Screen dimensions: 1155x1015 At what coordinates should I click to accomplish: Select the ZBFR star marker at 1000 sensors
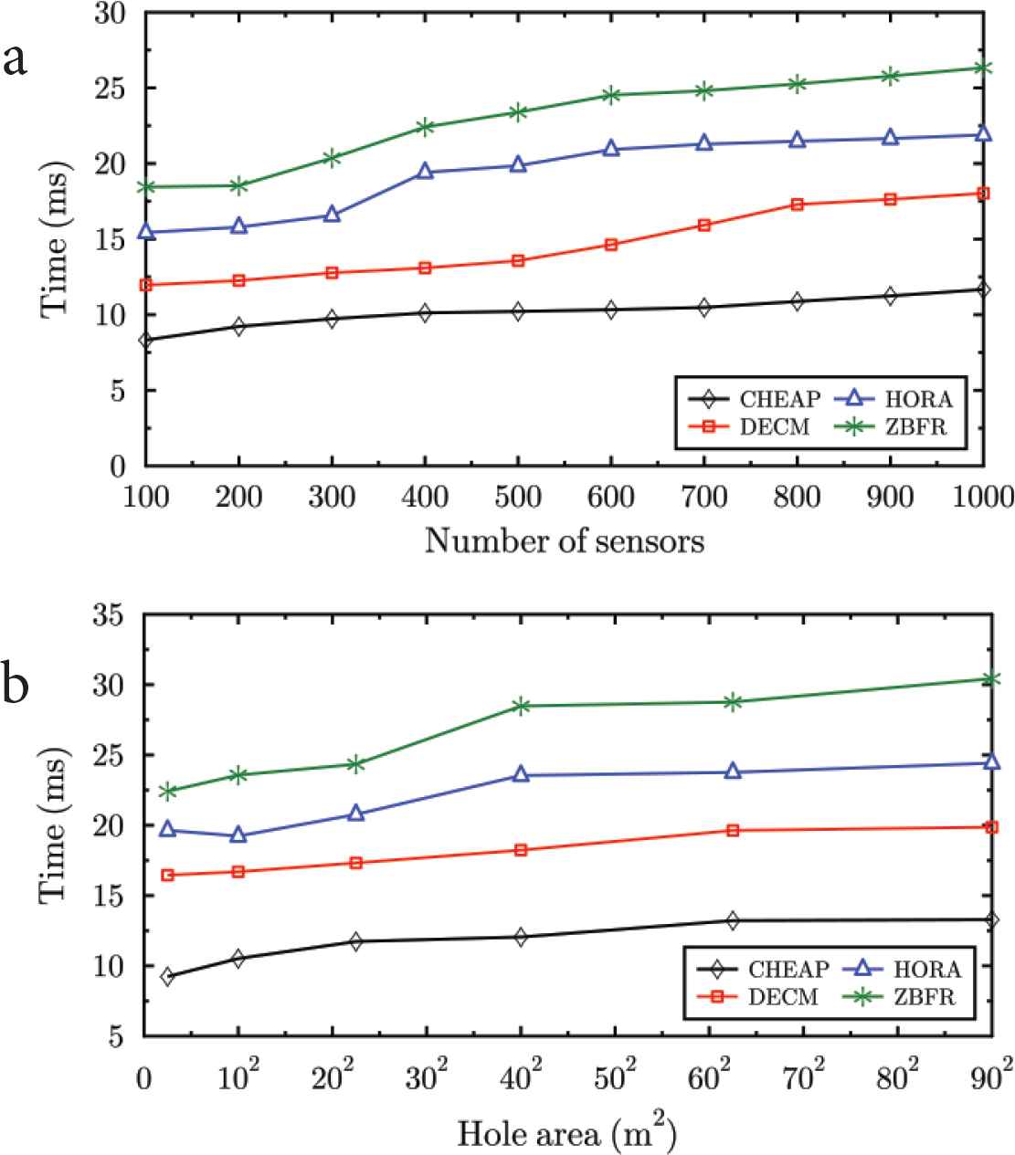click(983, 68)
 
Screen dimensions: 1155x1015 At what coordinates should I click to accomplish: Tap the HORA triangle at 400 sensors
click(425, 172)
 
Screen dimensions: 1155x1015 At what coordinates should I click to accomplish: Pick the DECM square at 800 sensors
click(797, 205)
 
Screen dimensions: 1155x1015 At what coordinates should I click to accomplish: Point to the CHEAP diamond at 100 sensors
click(145, 341)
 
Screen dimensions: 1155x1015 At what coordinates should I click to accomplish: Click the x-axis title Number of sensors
click(565, 541)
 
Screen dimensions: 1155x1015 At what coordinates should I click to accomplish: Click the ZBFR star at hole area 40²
click(521, 706)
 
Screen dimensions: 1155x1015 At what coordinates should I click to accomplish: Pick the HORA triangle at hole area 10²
click(238, 835)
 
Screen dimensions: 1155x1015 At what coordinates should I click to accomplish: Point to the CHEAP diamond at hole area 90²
click(991, 919)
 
